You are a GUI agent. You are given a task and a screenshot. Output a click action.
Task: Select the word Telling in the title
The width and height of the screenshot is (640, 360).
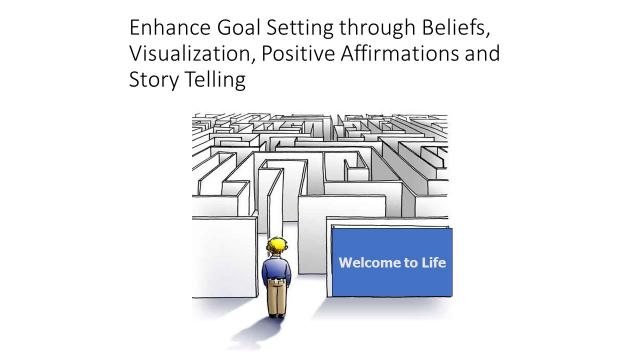pyautogui.click(x=212, y=79)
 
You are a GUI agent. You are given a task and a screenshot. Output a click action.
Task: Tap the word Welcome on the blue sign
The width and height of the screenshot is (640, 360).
pyautogui.click(x=367, y=264)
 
